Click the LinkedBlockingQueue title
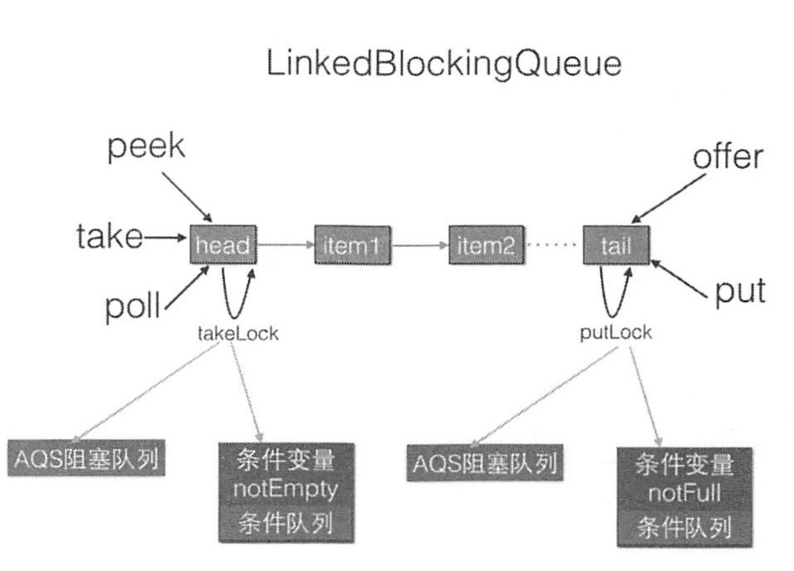click(444, 64)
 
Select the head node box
click(223, 245)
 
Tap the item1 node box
click(352, 245)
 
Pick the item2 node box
click(486, 245)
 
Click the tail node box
click(616, 246)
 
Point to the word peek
click(146, 147)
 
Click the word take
click(110, 237)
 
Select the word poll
click(133, 307)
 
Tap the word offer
click(728, 157)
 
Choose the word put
click(740, 291)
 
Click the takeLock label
click(238, 334)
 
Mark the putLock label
click(616, 333)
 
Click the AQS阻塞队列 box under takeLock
click(86, 458)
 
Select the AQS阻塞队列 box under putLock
click(485, 463)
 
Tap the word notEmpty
click(286, 489)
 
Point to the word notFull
click(684, 493)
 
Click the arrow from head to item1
click(285, 245)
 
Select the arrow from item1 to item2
click(419, 245)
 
